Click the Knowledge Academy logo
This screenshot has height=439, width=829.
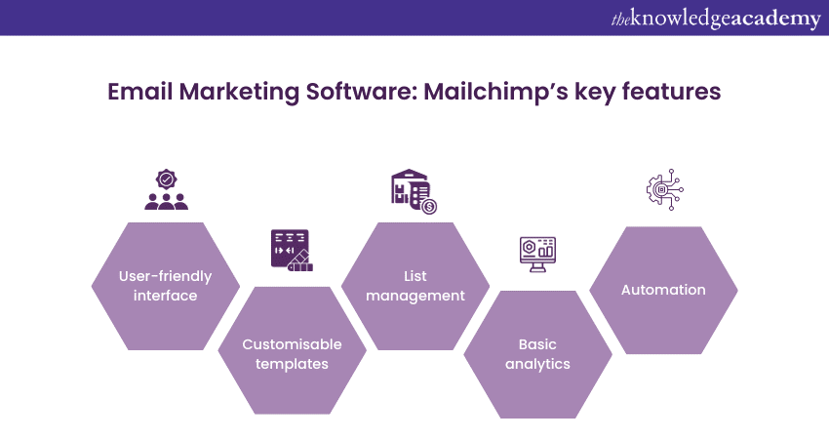pyautogui.click(x=716, y=19)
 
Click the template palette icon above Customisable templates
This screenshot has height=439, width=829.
pyautogui.click(x=292, y=250)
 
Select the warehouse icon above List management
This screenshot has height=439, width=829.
pyautogui.click(x=414, y=192)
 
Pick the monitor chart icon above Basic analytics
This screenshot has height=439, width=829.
pyautogui.click(x=536, y=252)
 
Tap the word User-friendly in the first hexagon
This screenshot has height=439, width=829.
pyautogui.click(x=166, y=276)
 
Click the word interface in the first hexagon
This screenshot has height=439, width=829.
pyautogui.click(x=166, y=296)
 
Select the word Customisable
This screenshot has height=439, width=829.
pyautogui.click(x=292, y=344)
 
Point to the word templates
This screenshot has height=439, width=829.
pyautogui.click(x=292, y=364)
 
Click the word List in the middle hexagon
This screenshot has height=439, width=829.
pyautogui.click(x=414, y=276)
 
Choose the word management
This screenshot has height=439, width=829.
pyautogui.click(x=414, y=296)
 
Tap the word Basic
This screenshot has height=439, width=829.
pyautogui.click(x=537, y=344)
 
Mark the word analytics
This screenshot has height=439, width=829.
pyautogui.click(x=537, y=364)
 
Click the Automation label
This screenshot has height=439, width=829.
pyautogui.click(x=663, y=290)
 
